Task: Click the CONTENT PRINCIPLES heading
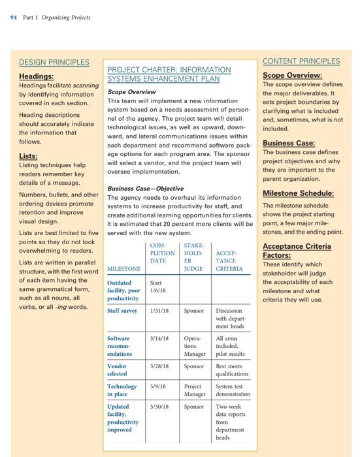[301, 61]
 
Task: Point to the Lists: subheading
[28, 157]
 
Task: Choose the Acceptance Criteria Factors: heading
[296, 251]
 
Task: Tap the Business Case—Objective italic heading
[144, 188]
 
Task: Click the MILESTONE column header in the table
[124, 268]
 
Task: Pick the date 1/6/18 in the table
[157, 291]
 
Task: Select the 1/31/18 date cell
[159, 311]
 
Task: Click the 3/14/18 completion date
[159, 339]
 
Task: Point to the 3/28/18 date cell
[159, 366]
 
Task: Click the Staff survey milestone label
[123, 311]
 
